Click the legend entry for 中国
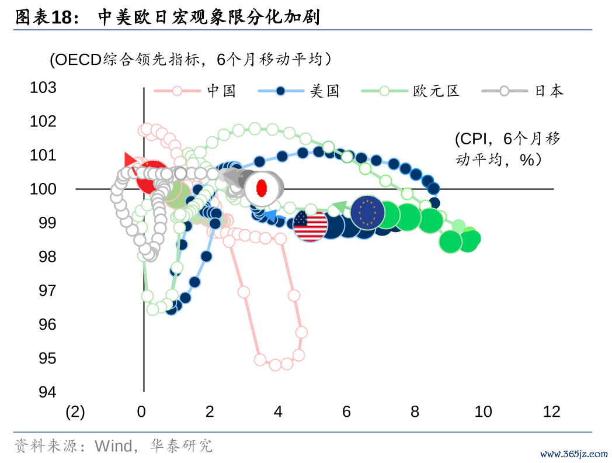click(195, 91)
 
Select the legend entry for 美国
click(298, 91)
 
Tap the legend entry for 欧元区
click(410, 91)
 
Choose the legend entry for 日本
click(523, 91)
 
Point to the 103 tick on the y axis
click(43, 87)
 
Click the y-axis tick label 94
click(48, 392)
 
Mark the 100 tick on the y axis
click(43, 189)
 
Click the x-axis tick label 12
click(551, 412)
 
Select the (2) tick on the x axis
click(75, 412)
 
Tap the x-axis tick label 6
click(346, 412)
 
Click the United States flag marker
click(310, 225)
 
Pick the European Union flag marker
click(367, 213)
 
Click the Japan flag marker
click(262, 188)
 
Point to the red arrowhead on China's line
click(130, 160)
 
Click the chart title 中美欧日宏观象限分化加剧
click(209, 17)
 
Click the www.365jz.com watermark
click(573, 454)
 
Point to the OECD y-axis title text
click(191, 60)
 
